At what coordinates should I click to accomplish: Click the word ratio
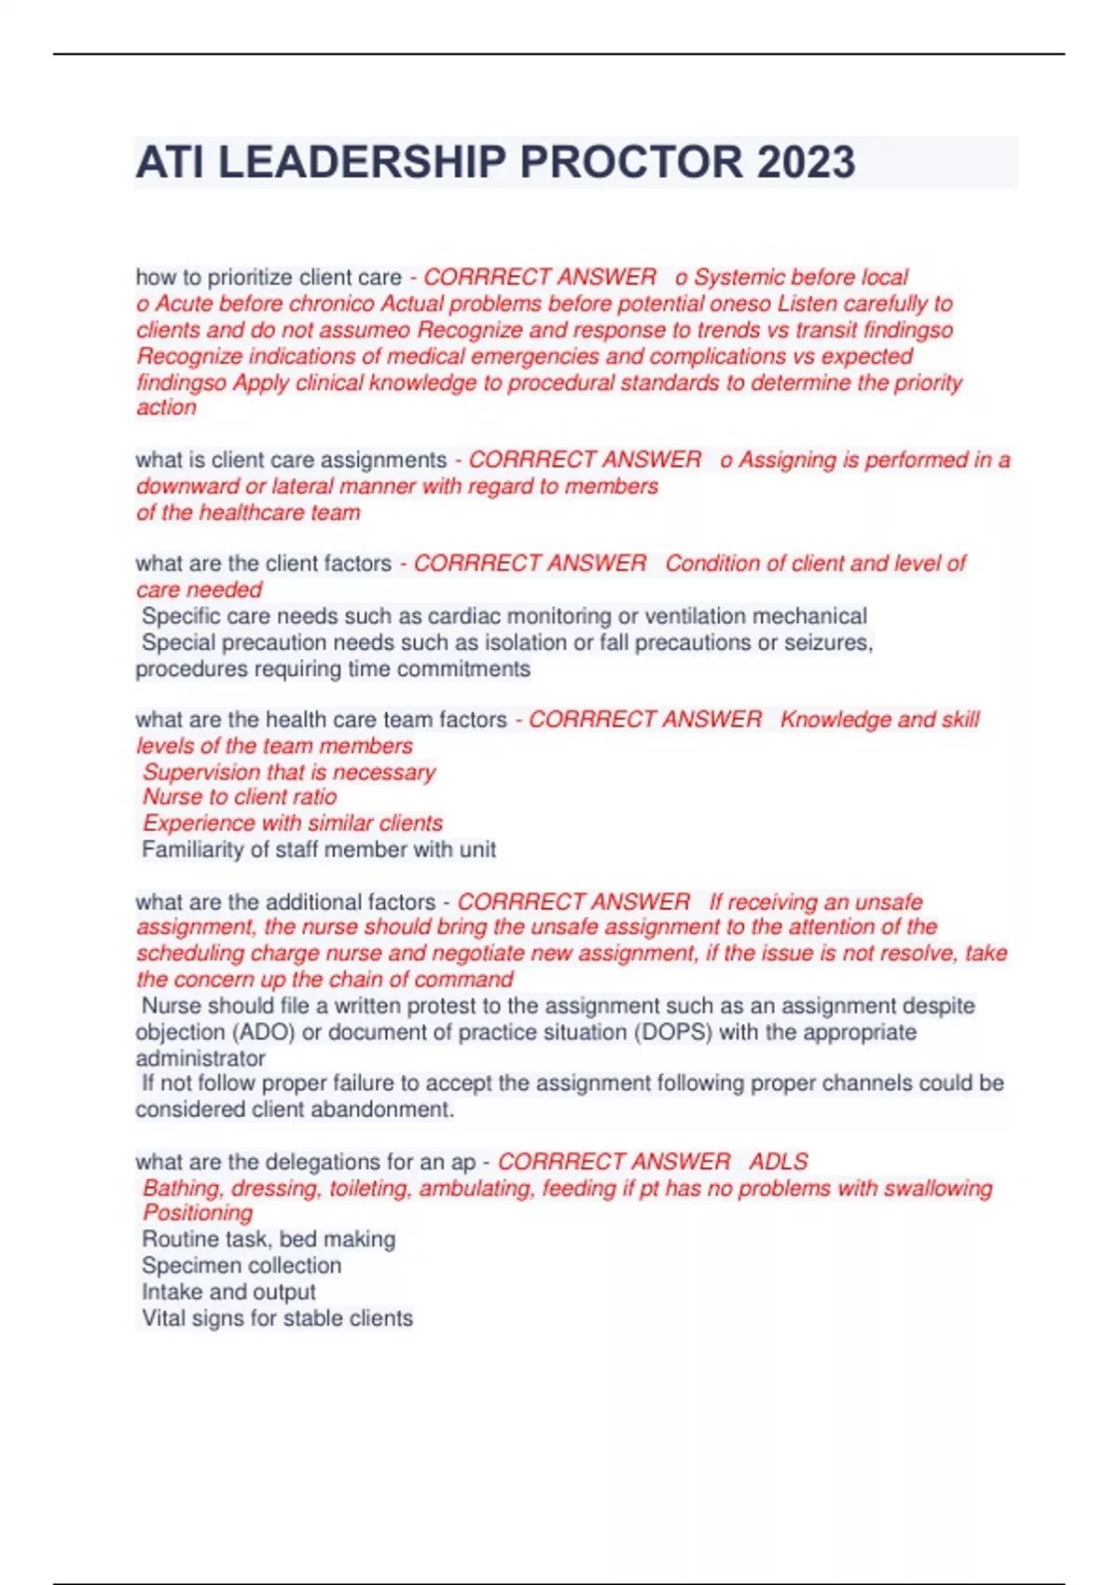[314, 797]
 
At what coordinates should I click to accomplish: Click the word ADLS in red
[779, 1162]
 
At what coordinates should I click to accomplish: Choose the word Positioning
[198, 1213]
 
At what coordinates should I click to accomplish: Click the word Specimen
[183, 1265]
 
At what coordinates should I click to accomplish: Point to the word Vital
[162, 1318]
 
